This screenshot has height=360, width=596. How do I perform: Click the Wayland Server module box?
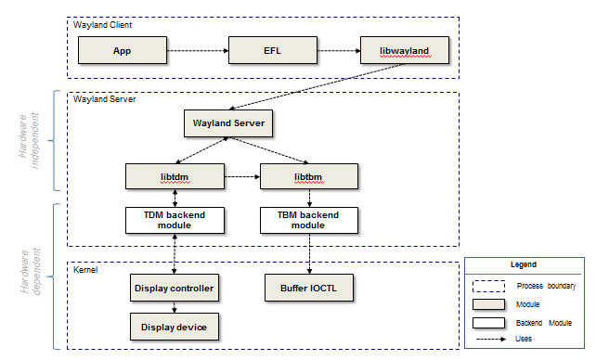pos(229,122)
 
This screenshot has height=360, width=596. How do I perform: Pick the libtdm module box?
pos(175,175)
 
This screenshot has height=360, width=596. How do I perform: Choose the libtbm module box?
pos(307,175)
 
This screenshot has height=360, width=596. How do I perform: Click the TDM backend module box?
pos(175,220)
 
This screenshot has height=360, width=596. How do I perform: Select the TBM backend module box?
pos(307,220)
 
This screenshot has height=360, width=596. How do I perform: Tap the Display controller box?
pos(175,288)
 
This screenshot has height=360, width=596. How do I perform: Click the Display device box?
pos(175,327)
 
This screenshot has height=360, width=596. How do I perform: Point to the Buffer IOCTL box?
pos(309,288)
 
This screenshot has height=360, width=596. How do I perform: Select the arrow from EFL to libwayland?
pos(335,49)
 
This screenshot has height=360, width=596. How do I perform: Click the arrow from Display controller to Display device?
pos(175,307)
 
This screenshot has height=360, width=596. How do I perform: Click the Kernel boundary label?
pos(86,269)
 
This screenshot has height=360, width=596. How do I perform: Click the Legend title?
pos(525,264)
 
